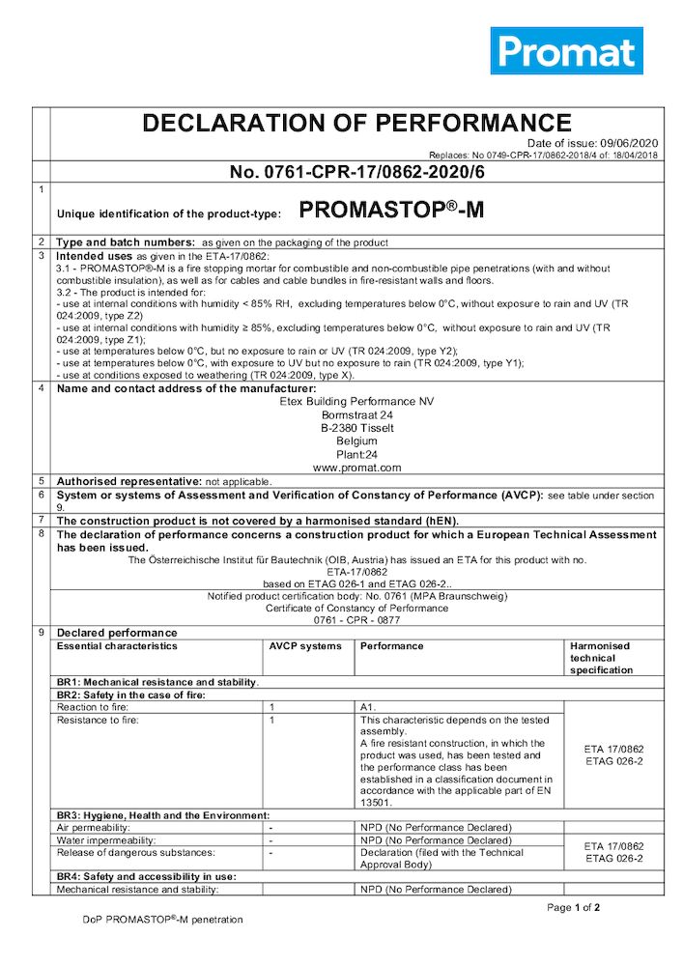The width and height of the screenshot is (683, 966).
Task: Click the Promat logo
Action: click(566, 51)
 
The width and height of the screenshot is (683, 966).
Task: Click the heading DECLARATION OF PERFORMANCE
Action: click(356, 123)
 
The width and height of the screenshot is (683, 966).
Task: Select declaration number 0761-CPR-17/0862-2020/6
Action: click(356, 173)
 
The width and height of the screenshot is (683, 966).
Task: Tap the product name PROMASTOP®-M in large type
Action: click(391, 211)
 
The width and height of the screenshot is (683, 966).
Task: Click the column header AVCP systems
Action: click(305, 646)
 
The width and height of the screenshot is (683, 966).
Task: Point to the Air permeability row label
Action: click(94, 828)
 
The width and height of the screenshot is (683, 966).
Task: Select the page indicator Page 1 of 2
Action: click(574, 907)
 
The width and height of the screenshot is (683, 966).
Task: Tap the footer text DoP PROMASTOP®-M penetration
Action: click(162, 920)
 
